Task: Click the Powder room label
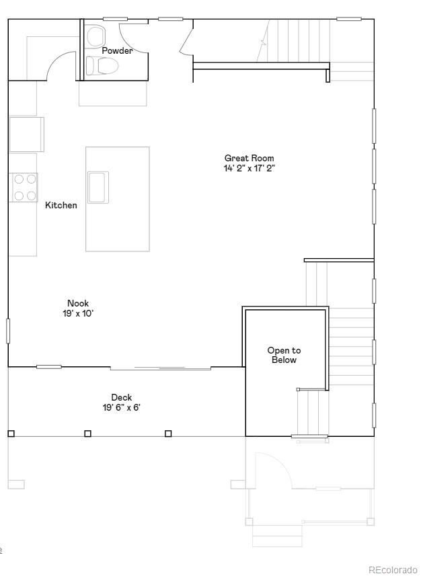tap(117, 50)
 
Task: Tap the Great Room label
tap(249, 159)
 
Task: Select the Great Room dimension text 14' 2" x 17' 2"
tap(249, 169)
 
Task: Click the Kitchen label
tap(61, 205)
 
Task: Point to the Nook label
tap(78, 303)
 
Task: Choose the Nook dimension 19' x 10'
tap(78, 313)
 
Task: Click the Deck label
tap(122, 397)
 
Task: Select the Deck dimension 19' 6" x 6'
tap(122, 407)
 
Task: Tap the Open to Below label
tap(284, 355)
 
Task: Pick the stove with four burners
tap(25, 188)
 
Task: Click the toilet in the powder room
tap(102, 65)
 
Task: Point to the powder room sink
tap(95, 34)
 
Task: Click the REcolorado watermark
tap(391, 570)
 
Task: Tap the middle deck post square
tap(87, 434)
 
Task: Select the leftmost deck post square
tap(11, 434)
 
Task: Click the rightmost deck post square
tap(168, 434)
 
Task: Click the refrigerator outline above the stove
tap(26, 134)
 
